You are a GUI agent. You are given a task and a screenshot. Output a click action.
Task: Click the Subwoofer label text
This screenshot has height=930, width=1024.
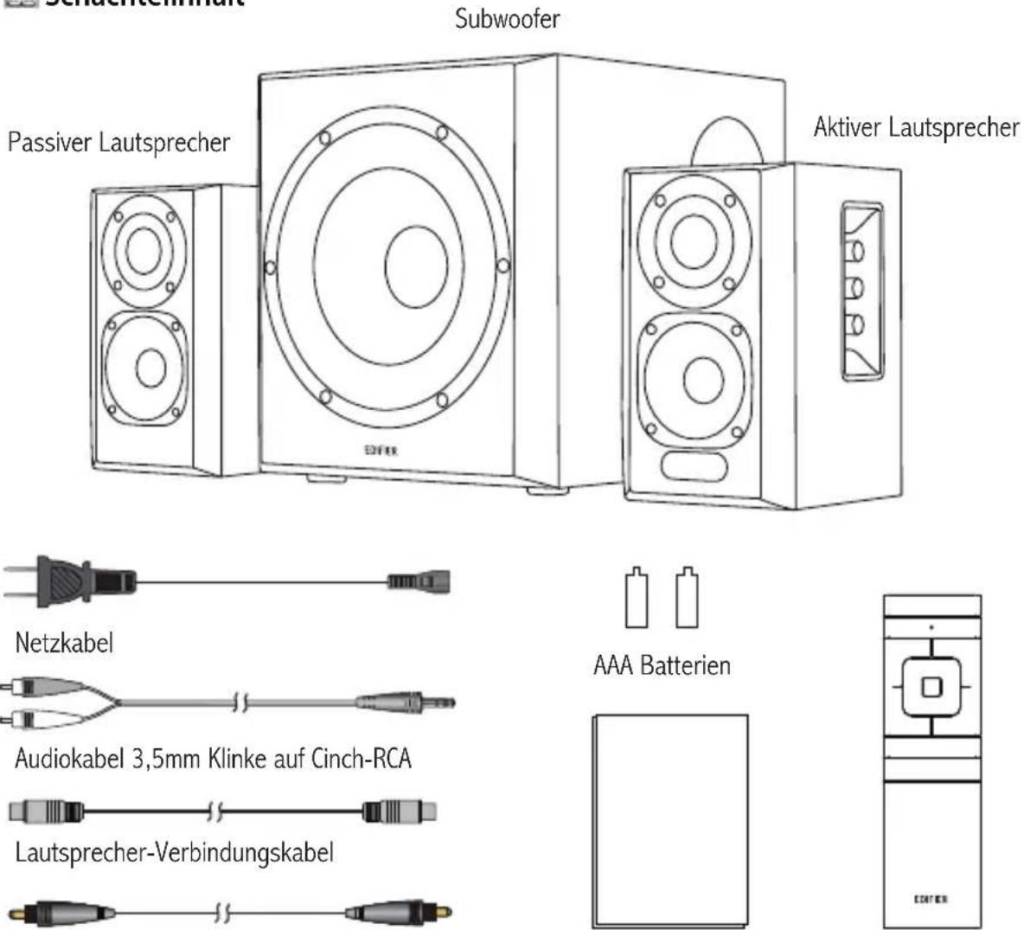point(507,19)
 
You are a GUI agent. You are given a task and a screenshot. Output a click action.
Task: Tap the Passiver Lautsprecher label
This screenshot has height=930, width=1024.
point(119,142)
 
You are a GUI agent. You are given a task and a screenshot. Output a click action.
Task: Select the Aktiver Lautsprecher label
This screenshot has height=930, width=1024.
point(916,128)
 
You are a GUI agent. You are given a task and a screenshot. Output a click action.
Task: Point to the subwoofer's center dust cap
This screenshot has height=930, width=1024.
point(416,268)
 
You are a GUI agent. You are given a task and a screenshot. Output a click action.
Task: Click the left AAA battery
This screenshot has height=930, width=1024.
point(637,598)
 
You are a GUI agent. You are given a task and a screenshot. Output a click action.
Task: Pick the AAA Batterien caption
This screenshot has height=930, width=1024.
point(662,666)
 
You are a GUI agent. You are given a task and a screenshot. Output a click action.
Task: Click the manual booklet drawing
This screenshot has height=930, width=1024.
point(669,820)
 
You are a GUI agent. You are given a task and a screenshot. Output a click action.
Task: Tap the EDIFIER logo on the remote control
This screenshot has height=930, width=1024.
point(931,899)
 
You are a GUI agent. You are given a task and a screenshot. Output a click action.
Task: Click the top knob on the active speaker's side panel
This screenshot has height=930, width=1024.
point(856,253)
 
